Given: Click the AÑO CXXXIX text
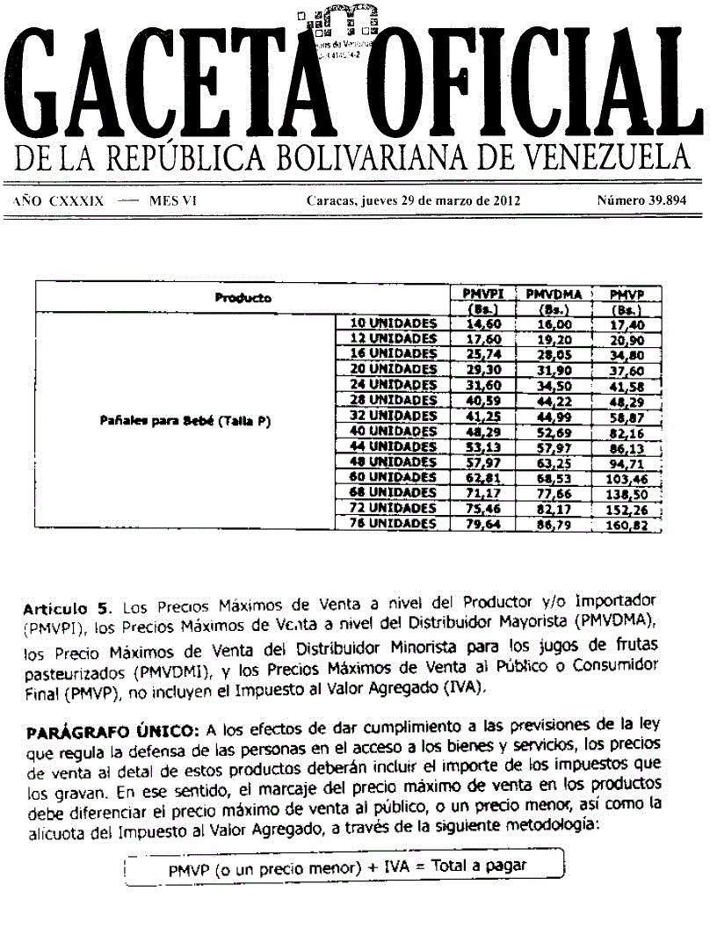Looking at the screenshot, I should coord(59,200).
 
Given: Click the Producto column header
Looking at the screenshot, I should coord(243,298).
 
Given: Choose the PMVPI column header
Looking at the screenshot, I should coord(482,294).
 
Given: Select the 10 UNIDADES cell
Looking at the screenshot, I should coord(393,323).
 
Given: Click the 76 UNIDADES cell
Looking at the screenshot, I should coord(393,524).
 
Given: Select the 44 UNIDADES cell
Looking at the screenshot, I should coord(393,446).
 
